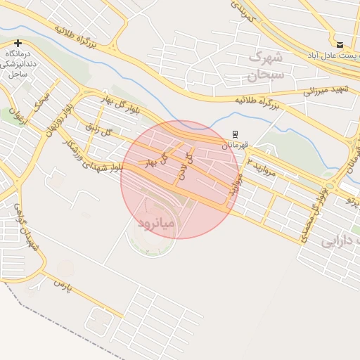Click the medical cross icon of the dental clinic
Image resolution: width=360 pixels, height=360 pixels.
[18, 44]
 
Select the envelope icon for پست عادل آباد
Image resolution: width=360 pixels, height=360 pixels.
[340, 44]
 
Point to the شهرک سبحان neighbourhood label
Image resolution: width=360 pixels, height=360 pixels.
[266, 65]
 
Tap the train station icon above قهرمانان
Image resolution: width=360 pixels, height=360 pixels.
[235, 134]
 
